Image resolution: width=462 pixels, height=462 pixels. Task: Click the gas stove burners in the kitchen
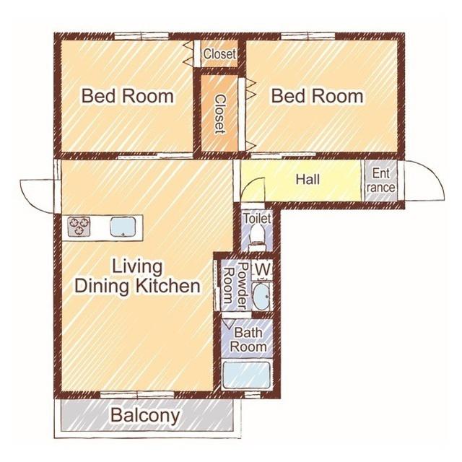[79, 227]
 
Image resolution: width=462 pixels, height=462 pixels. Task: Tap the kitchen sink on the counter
[123, 227]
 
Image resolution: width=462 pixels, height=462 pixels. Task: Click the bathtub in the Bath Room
[247, 375]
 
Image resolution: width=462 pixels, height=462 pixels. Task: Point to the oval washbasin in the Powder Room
[261, 297]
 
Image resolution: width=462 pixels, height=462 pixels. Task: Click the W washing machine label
[262, 269]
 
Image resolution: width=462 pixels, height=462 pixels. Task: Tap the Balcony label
[145, 416]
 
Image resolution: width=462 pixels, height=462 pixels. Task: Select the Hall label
[308, 180]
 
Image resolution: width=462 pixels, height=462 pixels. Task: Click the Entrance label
[380, 180]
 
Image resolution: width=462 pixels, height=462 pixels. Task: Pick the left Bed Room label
[128, 96]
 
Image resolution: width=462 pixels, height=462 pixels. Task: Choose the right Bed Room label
[317, 96]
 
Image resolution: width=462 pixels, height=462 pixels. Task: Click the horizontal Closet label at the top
[219, 54]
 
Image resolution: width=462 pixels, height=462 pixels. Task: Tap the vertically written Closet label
[219, 114]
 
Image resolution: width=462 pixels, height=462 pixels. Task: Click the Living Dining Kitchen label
[137, 276]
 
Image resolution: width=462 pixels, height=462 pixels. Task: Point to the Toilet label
[257, 219]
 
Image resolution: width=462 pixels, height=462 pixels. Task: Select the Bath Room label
[248, 339]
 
